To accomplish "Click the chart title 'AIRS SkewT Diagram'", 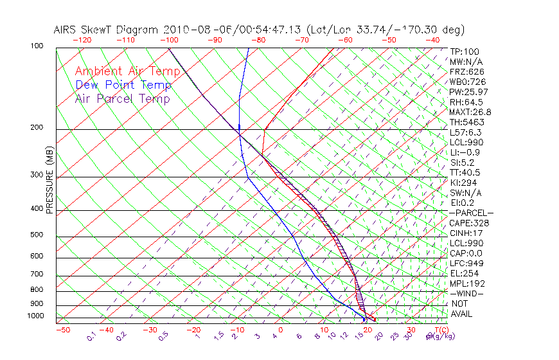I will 107,30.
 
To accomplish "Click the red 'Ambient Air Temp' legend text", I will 127,71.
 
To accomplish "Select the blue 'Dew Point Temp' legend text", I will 123,85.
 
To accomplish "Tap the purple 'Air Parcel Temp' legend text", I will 122,98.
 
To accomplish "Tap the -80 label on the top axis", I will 258,40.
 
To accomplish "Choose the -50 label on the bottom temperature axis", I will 62,330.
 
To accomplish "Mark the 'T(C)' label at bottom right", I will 440,330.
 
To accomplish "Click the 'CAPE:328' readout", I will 469,223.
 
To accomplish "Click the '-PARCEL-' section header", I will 471,213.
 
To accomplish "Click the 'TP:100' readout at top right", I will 464,51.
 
